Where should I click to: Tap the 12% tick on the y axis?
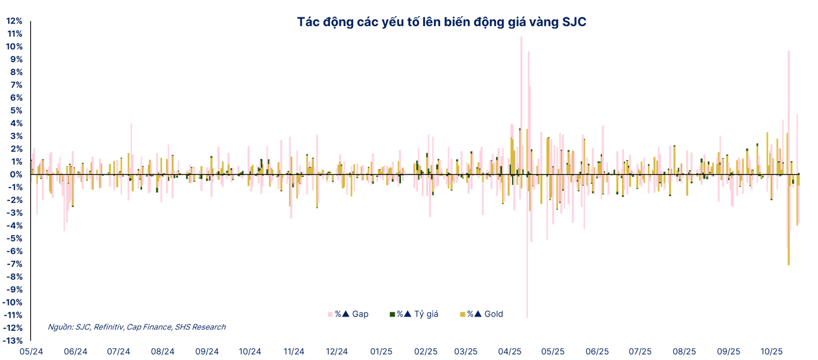(x=14, y=21)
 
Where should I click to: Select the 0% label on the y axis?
(x=16, y=174)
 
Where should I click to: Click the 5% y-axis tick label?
(x=16, y=110)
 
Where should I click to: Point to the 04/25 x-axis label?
(x=510, y=351)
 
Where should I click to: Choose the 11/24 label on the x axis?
(x=294, y=351)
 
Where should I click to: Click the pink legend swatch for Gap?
(x=330, y=315)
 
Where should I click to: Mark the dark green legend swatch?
(x=392, y=315)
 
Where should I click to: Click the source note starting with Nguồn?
(x=137, y=327)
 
